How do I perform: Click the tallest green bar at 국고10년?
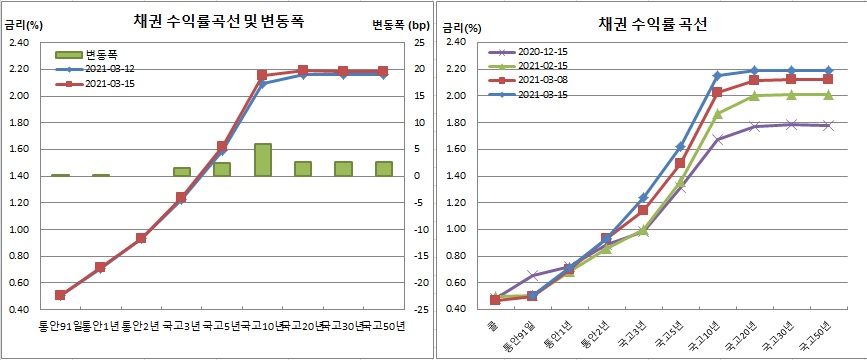263,160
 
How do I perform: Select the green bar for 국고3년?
181,172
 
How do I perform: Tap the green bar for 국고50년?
383,169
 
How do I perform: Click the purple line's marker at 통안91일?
533,275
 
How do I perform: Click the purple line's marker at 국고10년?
717,139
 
